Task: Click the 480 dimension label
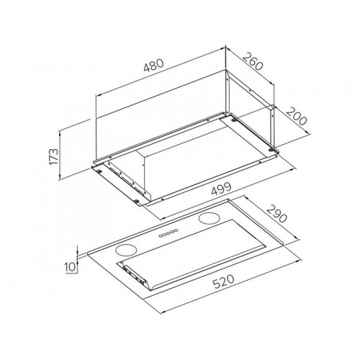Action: [x=153, y=65]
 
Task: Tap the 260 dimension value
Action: [x=253, y=62]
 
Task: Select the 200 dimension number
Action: [x=296, y=117]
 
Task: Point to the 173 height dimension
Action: [x=53, y=156]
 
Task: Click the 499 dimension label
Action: [x=222, y=189]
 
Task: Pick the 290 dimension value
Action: [x=276, y=214]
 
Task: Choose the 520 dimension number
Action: [x=223, y=282]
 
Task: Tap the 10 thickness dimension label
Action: [x=71, y=267]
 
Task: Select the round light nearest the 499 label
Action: [x=209, y=218]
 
